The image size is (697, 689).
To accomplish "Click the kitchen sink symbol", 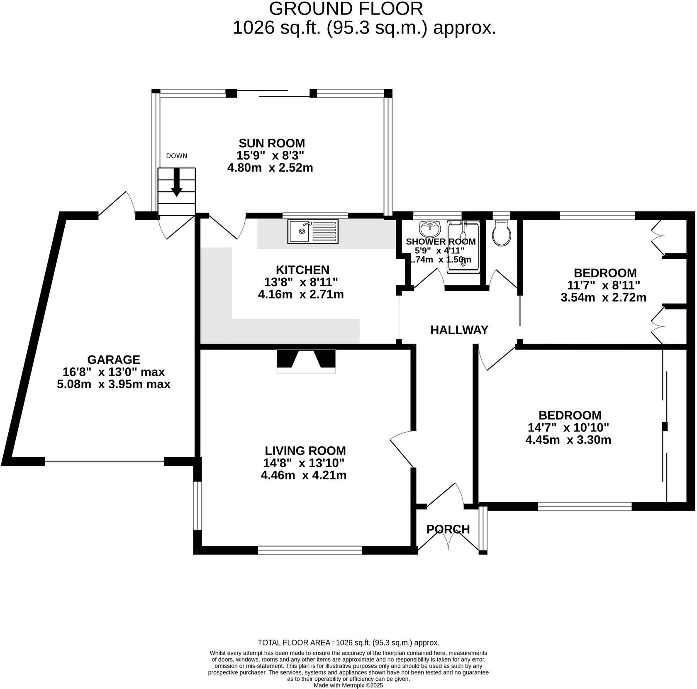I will pyautogui.click(x=312, y=232).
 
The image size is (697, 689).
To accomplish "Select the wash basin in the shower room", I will pyautogui.click(x=430, y=229).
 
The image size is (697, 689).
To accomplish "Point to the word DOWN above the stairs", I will pyautogui.click(x=176, y=156).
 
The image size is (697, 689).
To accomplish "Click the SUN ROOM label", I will pyautogui.click(x=271, y=143).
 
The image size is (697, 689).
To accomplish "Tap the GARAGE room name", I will pyautogui.click(x=113, y=359).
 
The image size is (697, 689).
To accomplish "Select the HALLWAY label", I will pyautogui.click(x=459, y=330).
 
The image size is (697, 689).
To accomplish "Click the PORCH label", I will pyautogui.click(x=448, y=529).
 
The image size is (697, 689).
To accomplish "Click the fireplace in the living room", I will pyautogui.click(x=306, y=360).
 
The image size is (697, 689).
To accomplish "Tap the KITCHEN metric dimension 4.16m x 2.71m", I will pyautogui.click(x=301, y=295).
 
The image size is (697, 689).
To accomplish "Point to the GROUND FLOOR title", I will pyautogui.click(x=346, y=9).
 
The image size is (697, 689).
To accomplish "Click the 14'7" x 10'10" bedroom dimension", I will pyautogui.click(x=568, y=427).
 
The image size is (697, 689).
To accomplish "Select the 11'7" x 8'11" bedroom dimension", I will pyautogui.click(x=603, y=285).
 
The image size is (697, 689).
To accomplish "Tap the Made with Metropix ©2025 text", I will pyautogui.click(x=348, y=685).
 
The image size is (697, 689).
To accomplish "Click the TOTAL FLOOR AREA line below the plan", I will pyautogui.click(x=348, y=643).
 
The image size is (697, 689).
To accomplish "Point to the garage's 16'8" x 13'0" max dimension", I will pyautogui.click(x=113, y=372).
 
